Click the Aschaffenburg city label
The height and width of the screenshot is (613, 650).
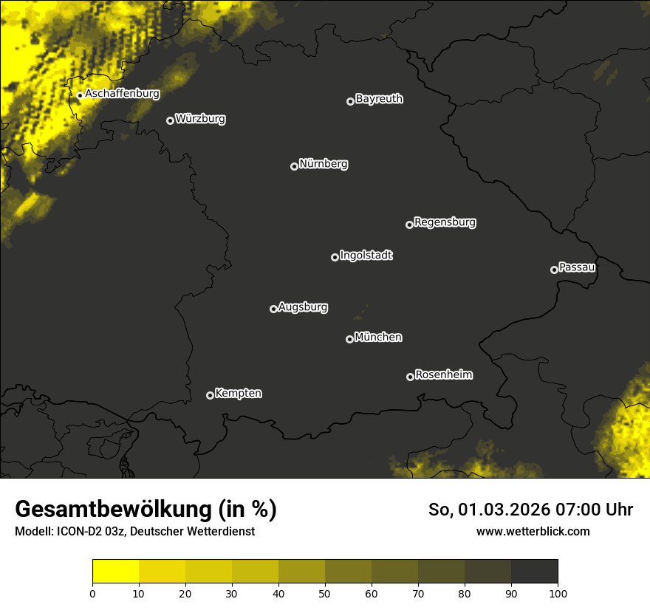[122, 94]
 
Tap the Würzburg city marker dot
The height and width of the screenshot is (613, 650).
[170, 120]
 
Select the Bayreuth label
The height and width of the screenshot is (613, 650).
[379, 99]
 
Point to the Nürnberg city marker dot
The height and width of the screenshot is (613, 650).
[294, 166]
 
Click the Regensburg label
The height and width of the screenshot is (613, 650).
[445, 222]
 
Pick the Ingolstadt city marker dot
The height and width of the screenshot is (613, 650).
[335, 257]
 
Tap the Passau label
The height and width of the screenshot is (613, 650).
[577, 267]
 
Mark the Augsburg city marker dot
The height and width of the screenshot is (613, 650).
[273, 309]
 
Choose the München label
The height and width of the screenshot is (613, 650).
[378, 337]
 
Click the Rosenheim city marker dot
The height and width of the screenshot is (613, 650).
[410, 377]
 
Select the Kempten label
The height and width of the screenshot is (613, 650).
[238, 393]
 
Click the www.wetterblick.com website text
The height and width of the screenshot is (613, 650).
[533, 531]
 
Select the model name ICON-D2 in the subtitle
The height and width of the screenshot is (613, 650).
[80, 532]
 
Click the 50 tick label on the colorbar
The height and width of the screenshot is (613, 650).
[325, 593]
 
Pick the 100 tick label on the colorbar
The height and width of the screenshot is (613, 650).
[558, 593]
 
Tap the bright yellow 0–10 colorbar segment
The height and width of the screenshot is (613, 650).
[116, 572]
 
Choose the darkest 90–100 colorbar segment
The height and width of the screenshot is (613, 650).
[534, 572]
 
